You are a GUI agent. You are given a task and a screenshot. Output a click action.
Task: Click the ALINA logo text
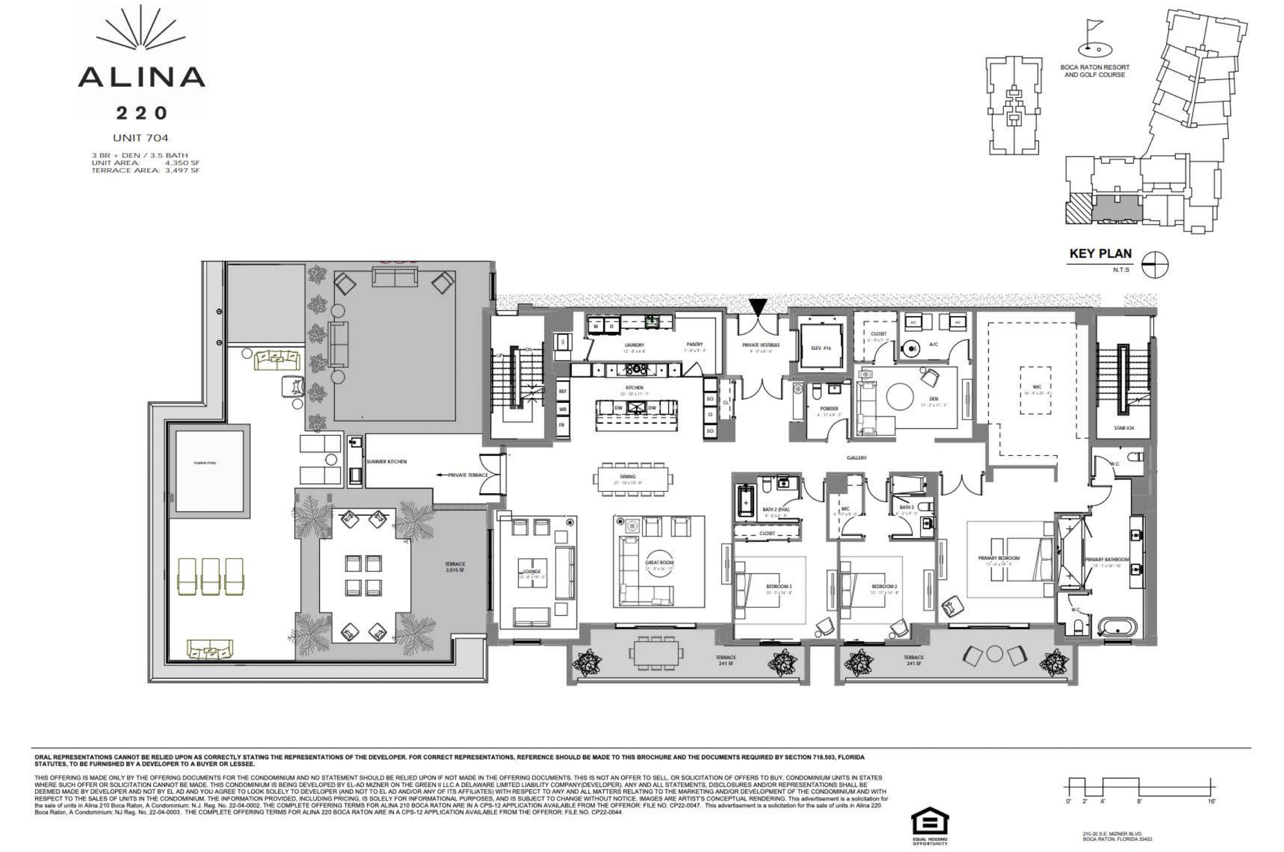(141, 77)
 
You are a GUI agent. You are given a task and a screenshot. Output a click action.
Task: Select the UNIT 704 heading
(141, 138)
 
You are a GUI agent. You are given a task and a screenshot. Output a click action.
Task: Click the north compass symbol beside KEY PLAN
(1155, 265)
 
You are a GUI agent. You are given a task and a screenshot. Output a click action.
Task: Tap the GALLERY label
(856, 458)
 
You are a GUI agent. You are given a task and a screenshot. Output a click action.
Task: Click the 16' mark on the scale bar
(1211, 801)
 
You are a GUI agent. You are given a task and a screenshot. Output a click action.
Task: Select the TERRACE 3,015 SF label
(455, 567)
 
